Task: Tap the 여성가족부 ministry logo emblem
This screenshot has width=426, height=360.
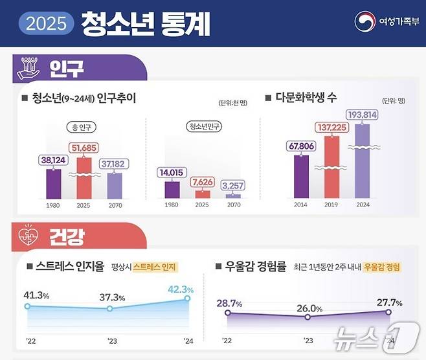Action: pyautogui.click(x=364, y=21)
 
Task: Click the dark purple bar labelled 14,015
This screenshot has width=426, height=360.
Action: pyautogui.click(x=172, y=188)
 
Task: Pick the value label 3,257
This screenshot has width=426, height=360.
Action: pyautogui.click(x=232, y=186)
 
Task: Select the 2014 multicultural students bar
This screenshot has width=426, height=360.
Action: pyautogui.click(x=301, y=174)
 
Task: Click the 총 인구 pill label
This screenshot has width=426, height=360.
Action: pyautogui.click(x=83, y=126)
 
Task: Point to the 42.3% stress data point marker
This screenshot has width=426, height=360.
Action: pyautogui.click(x=188, y=298)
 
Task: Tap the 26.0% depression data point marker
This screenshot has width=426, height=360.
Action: pyautogui.click(x=308, y=317)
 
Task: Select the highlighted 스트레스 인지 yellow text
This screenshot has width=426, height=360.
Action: pyautogui.click(x=155, y=266)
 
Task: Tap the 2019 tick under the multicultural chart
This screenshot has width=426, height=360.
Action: pyautogui.click(x=331, y=205)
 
